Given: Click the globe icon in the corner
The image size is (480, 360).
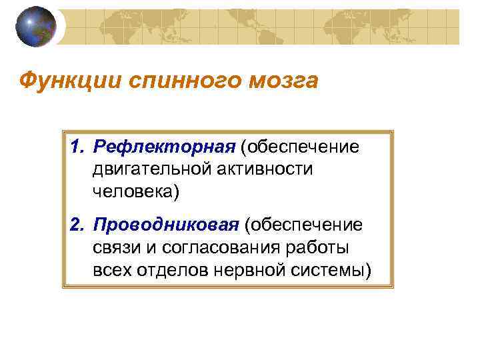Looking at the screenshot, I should click(35, 27).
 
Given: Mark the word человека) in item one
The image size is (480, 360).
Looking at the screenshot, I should click(136, 193).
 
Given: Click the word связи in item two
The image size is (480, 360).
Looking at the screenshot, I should click(117, 249).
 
